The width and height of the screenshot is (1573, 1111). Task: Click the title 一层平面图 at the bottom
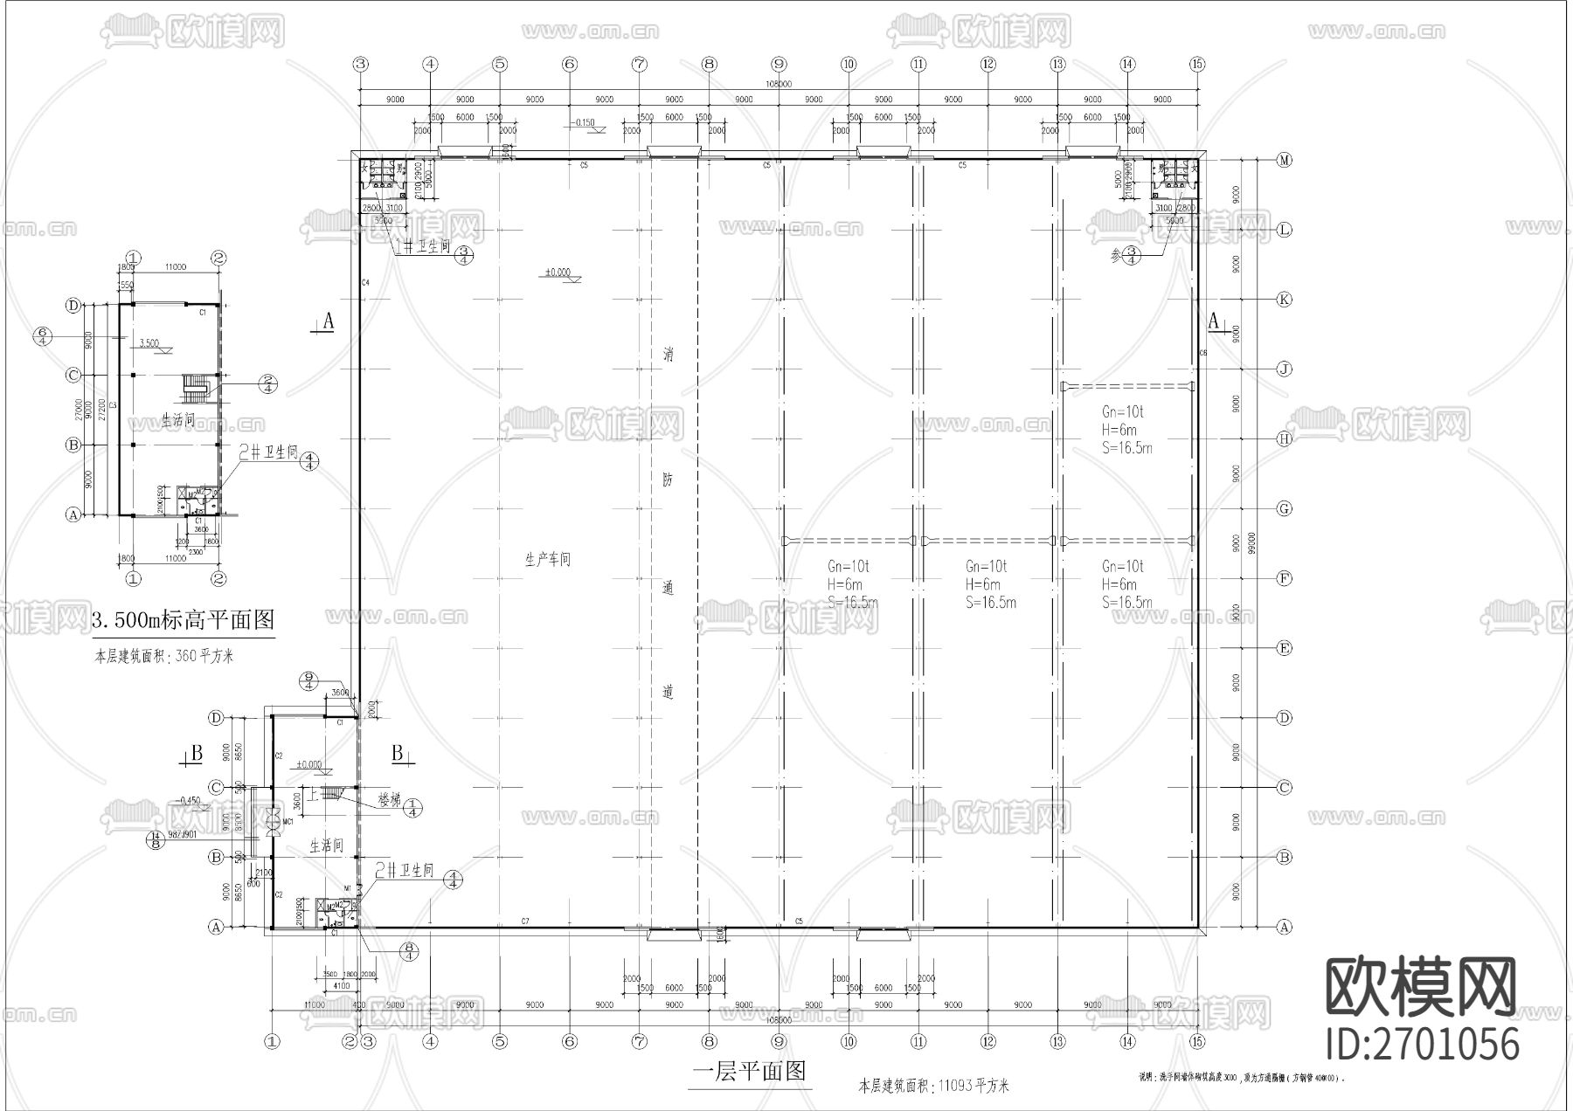pyautogui.click(x=748, y=1072)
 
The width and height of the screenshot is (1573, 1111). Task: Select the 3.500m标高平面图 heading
pyautogui.click(x=184, y=620)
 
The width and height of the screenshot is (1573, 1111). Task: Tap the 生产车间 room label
pyautogui.click(x=547, y=560)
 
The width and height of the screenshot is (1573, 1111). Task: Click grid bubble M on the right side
pyautogui.click(x=1284, y=160)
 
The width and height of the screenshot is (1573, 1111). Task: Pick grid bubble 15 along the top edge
pyautogui.click(x=1197, y=64)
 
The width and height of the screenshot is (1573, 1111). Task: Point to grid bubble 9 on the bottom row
pyautogui.click(x=779, y=1041)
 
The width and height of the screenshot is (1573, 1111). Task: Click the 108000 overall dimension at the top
pyautogui.click(x=778, y=85)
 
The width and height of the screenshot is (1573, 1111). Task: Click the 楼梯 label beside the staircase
pyautogui.click(x=388, y=799)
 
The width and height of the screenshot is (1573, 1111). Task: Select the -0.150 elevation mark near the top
pyautogui.click(x=581, y=122)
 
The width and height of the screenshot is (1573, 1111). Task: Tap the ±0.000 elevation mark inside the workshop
pyautogui.click(x=557, y=273)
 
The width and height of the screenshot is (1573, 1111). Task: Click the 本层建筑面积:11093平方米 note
pyautogui.click(x=934, y=1087)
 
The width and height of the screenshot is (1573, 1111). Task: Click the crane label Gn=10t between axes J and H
pyautogui.click(x=1122, y=411)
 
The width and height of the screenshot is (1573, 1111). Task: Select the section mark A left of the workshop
pyautogui.click(x=328, y=322)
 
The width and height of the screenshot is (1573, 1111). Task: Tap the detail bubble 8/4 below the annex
pyautogui.click(x=408, y=951)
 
